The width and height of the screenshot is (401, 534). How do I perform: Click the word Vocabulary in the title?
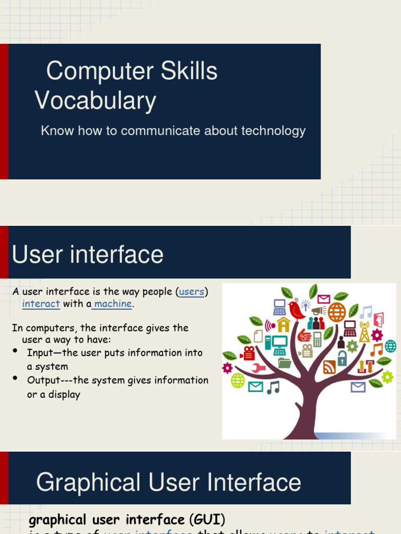[x=96, y=101]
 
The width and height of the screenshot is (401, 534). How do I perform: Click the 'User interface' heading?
[x=88, y=255]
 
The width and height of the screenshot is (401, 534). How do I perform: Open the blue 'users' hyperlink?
[x=191, y=292]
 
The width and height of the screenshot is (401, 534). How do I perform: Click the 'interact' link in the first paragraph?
[x=41, y=304]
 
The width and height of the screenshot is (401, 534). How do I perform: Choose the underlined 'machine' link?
[x=113, y=304]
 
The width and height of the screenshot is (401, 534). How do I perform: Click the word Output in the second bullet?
[x=43, y=380]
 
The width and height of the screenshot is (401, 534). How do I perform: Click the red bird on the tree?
[x=296, y=311]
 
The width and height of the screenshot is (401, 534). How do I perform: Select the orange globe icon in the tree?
[x=337, y=312]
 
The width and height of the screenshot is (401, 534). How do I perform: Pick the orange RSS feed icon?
[x=329, y=367]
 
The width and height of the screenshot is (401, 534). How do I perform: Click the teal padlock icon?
[x=342, y=358]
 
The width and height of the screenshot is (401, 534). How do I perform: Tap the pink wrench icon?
[x=258, y=368]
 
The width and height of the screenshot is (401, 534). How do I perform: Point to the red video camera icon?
[x=248, y=353]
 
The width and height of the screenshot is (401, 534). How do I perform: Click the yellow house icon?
[x=284, y=325]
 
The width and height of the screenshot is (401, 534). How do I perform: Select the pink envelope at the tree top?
[x=324, y=299]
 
